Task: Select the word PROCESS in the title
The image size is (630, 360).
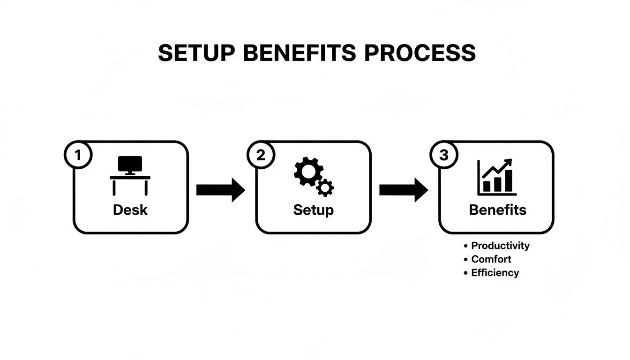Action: [420, 53]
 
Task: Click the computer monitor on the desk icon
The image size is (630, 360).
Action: [129, 165]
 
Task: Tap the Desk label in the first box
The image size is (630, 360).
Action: [130, 210]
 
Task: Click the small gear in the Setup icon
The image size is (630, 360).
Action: [325, 187]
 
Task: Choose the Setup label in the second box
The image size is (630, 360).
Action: [313, 210]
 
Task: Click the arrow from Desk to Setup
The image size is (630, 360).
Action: [220, 190]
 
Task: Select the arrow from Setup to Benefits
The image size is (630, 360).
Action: [403, 190]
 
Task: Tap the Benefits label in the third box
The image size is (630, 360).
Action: [497, 210]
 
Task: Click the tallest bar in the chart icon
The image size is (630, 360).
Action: [509, 181]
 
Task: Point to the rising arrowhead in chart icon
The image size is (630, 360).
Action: [508, 162]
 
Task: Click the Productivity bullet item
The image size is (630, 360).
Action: [500, 246]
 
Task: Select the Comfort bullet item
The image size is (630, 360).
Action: [491, 259]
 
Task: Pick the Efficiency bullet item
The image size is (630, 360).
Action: [495, 273]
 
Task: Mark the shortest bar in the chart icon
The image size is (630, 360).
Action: [487, 187]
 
